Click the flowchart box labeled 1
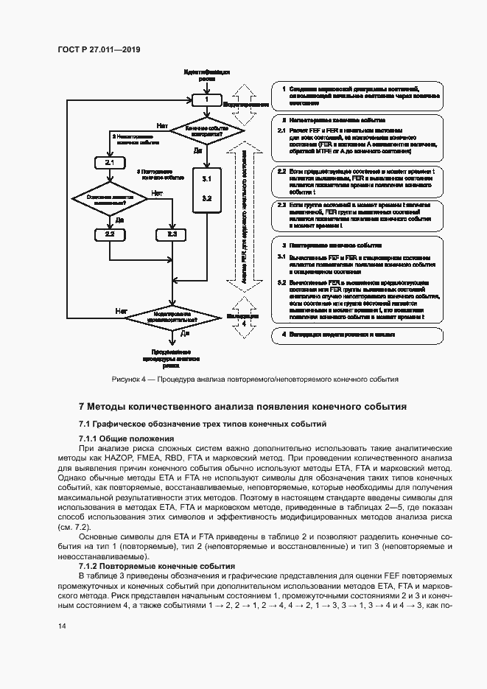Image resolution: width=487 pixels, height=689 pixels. click(x=207, y=99)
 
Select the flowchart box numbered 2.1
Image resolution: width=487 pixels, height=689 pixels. click(x=109, y=161)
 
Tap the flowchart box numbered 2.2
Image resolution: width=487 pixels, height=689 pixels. click(x=109, y=234)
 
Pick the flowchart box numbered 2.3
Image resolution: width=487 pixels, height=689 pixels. click(x=172, y=234)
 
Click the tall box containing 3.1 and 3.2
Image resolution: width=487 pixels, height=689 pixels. click(x=207, y=189)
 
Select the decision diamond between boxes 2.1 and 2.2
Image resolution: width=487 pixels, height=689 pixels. click(x=109, y=197)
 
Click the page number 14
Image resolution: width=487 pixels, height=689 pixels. click(x=62, y=626)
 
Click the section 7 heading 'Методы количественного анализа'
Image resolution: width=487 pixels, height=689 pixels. click(x=242, y=406)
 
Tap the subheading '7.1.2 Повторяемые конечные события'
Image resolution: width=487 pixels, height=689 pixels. click(x=147, y=565)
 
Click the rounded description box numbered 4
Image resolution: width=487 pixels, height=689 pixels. click(x=357, y=335)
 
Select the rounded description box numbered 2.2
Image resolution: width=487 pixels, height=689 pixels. click(x=357, y=181)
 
